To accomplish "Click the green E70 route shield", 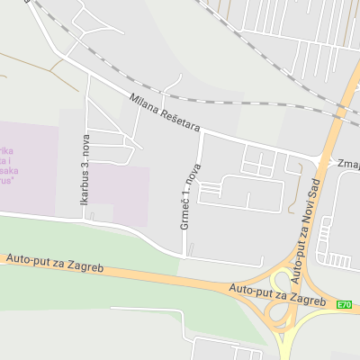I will point(344,305).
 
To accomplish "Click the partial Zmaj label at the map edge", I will point(347,165).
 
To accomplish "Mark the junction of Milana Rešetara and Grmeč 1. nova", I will point(202,131).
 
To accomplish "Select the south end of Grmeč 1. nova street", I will point(184,257).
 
